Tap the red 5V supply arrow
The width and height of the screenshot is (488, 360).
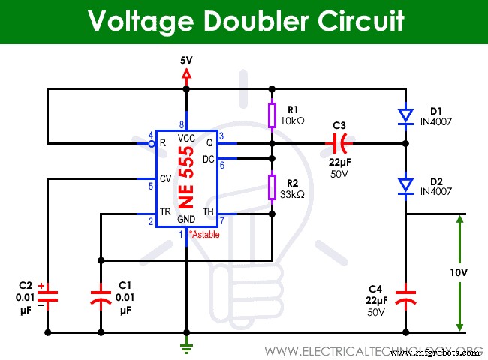point(186,73)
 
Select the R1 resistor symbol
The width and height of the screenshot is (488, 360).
point(272,114)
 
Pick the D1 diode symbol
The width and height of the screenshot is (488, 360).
point(405,115)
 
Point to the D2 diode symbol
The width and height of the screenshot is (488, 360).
point(405,184)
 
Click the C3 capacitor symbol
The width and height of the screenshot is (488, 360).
point(341,142)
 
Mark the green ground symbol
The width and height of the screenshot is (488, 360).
point(186,346)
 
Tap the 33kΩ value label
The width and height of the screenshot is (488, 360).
point(294,194)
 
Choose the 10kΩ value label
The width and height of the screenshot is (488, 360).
point(294,121)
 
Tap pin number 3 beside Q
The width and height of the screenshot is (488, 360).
point(221,136)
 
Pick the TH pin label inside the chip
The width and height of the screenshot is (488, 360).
point(208,213)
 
